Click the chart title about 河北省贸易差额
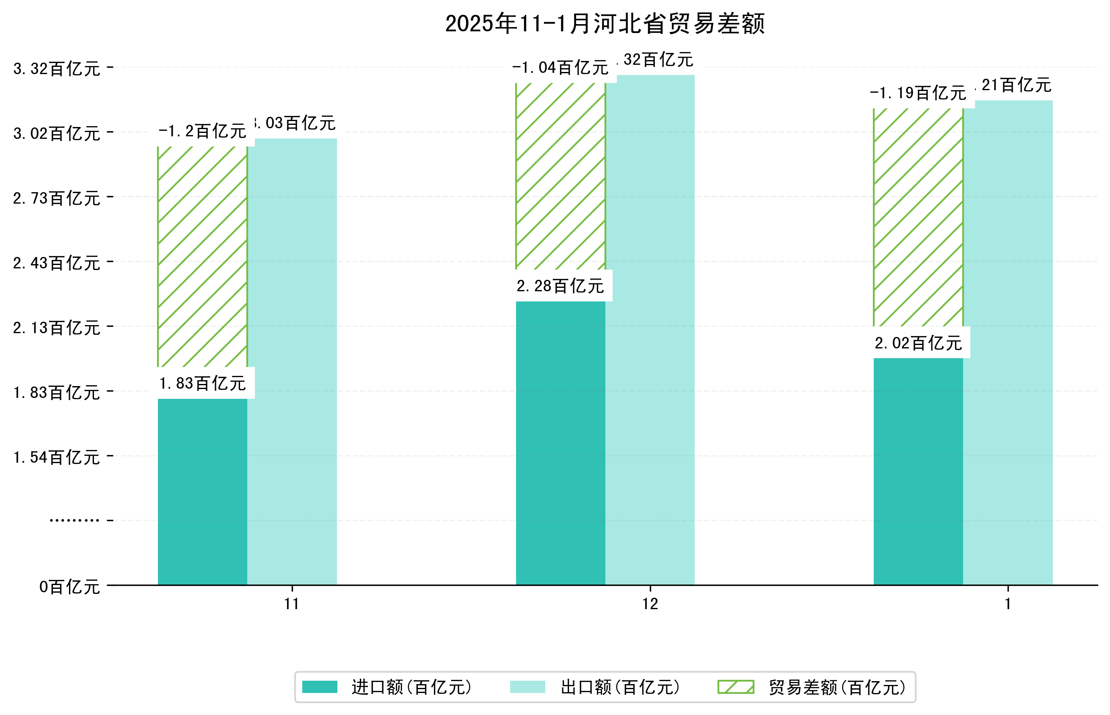(x=605, y=24)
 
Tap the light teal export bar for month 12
(x=650, y=330)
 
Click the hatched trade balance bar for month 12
(x=561, y=177)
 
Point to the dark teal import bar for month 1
(x=918, y=471)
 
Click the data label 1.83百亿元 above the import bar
(x=202, y=384)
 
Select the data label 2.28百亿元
(x=561, y=286)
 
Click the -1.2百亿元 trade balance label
(x=202, y=131)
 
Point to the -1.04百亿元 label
(x=561, y=68)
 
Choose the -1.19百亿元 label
(x=918, y=93)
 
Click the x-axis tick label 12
(x=650, y=604)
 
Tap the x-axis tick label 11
(x=292, y=604)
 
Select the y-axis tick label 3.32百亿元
(x=57, y=69)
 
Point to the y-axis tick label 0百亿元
(x=69, y=587)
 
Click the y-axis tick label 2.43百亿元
(x=57, y=263)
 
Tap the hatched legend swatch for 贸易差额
(x=735, y=687)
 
